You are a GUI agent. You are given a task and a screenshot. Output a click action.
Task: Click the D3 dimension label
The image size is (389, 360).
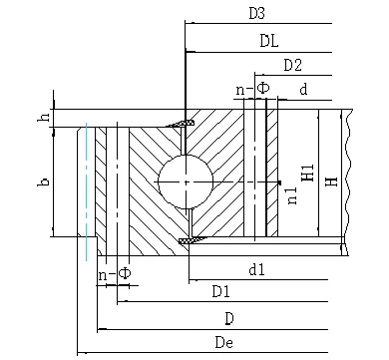(x=256, y=13)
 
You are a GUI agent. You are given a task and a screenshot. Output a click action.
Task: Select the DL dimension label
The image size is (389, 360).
(x=269, y=41)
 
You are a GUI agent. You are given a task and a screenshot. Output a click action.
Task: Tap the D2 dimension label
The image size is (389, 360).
(x=293, y=65)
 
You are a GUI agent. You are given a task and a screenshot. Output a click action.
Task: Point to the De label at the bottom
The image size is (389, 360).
(x=224, y=342)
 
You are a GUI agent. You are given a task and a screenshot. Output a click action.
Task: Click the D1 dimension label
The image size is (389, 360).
(x=221, y=291)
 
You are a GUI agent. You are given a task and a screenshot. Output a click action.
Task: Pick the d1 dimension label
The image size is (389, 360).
(x=257, y=269)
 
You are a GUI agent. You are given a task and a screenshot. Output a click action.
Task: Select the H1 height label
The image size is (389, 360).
(x=308, y=173)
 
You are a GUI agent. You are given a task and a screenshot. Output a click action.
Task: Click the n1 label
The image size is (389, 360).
(x=291, y=195)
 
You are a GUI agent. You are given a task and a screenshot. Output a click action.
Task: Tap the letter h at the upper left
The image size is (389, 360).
(x=44, y=117)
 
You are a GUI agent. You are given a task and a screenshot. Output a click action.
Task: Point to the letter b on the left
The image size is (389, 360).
(x=44, y=181)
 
